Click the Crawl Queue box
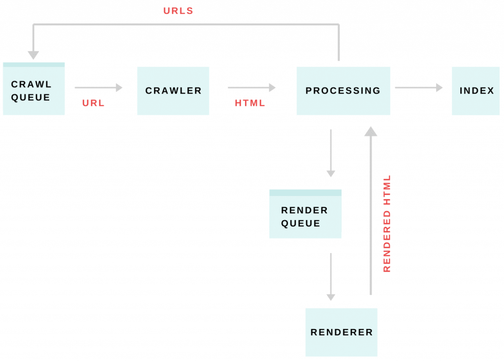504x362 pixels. [x=33, y=91]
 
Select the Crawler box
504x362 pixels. [x=173, y=91]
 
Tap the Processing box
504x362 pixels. [x=343, y=91]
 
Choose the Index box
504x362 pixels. [x=476, y=91]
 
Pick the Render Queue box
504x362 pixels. [x=305, y=215]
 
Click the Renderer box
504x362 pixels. [x=341, y=332]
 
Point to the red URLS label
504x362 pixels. [x=178, y=11]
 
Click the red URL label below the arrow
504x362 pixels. [x=93, y=103]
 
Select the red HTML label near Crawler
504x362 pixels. [x=250, y=103]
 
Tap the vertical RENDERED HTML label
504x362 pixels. [x=387, y=223]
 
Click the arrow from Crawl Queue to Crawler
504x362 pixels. [x=98, y=88]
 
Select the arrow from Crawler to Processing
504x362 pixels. [x=251, y=88]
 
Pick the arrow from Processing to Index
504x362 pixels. [x=418, y=88]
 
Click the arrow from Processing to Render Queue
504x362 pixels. [x=331, y=153]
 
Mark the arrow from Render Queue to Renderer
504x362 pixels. [x=331, y=276]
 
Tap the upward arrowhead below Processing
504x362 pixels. [x=371, y=131]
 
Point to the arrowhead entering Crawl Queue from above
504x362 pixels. [x=33, y=55]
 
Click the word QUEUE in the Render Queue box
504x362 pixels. [x=300, y=224]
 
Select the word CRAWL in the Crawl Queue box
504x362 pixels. [x=31, y=84]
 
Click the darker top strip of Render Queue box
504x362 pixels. [x=305, y=193]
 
